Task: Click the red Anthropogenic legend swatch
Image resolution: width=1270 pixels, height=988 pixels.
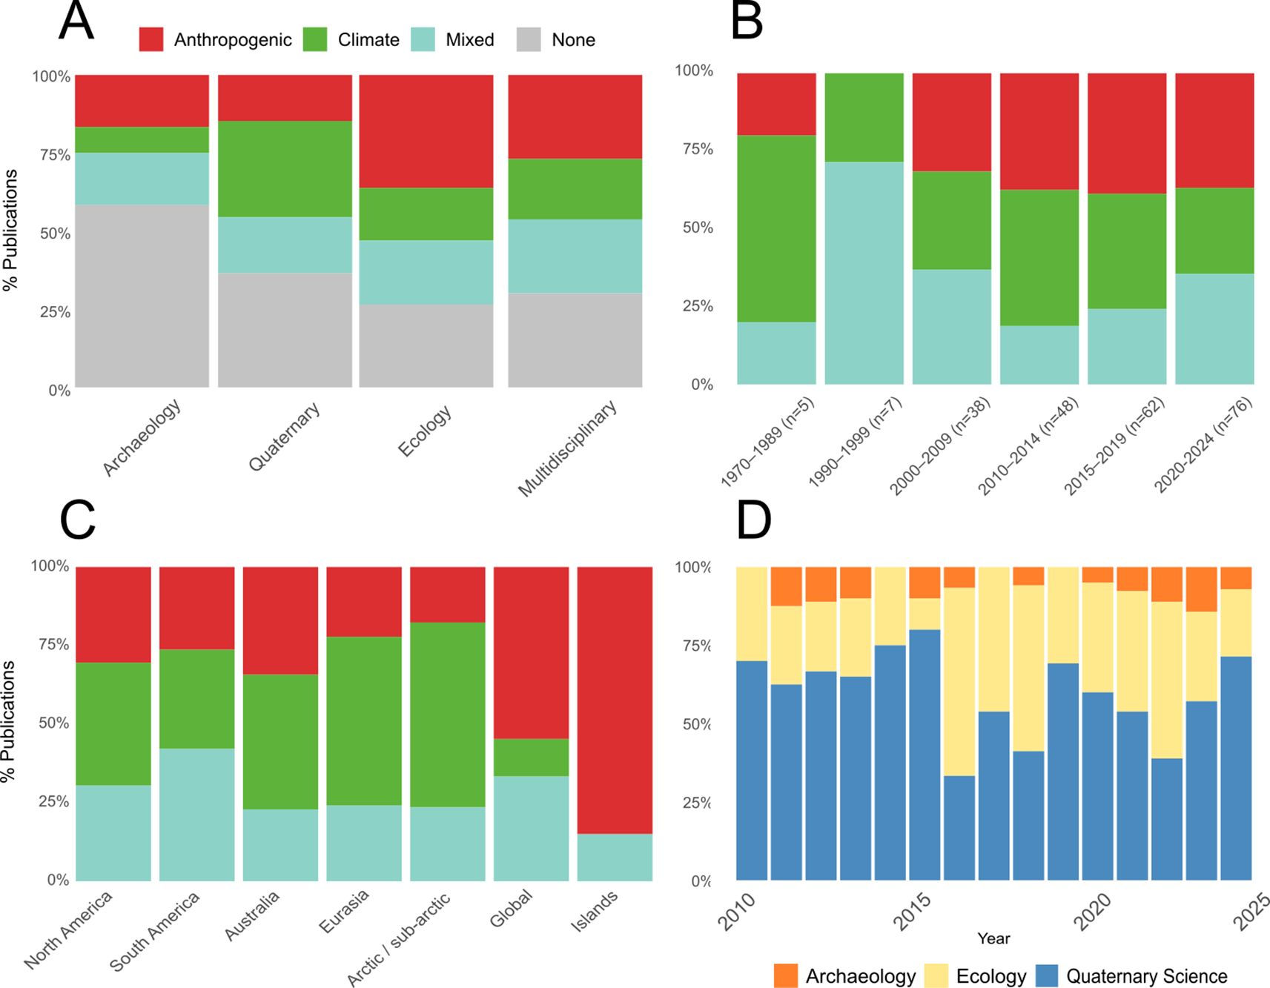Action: pyautogui.click(x=151, y=39)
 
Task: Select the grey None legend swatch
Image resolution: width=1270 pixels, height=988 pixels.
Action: pyautogui.click(x=529, y=39)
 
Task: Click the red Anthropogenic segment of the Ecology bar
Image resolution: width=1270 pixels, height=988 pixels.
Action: pyautogui.click(x=426, y=130)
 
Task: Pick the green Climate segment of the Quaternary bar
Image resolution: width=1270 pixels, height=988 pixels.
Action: pyautogui.click(x=285, y=169)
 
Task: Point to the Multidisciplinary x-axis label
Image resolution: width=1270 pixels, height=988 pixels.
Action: pyautogui.click(x=567, y=448)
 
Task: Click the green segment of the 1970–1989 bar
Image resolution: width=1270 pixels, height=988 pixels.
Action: pyautogui.click(x=776, y=228)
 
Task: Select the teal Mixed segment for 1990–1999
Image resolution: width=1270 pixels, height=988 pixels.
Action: pyautogui.click(x=864, y=273)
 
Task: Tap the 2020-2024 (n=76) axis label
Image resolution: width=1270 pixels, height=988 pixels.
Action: pyautogui.click(x=1203, y=445)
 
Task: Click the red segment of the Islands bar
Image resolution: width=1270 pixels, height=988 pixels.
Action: pyautogui.click(x=615, y=700)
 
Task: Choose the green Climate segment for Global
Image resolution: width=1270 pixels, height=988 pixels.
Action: pyautogui.click(x=532, y=757)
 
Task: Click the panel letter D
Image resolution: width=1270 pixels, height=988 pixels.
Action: pyautogui.click(x=753, y=521)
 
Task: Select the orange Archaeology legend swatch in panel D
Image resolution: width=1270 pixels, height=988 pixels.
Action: pyautogui.click(x=786, y=975)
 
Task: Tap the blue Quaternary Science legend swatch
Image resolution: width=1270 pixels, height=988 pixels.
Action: pyautogui.click(x=1046, y=975)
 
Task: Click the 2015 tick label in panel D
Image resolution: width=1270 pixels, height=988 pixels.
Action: pyautogui.click(x=911, y=911)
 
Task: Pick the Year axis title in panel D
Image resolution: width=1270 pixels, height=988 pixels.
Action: pyautogui.click(x=993, y=938)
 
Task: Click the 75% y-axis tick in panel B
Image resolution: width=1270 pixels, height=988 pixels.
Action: pyautogui.click(x=697, y=149)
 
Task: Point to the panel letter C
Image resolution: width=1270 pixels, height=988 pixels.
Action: pyautogui.click(x=77, y=521)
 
